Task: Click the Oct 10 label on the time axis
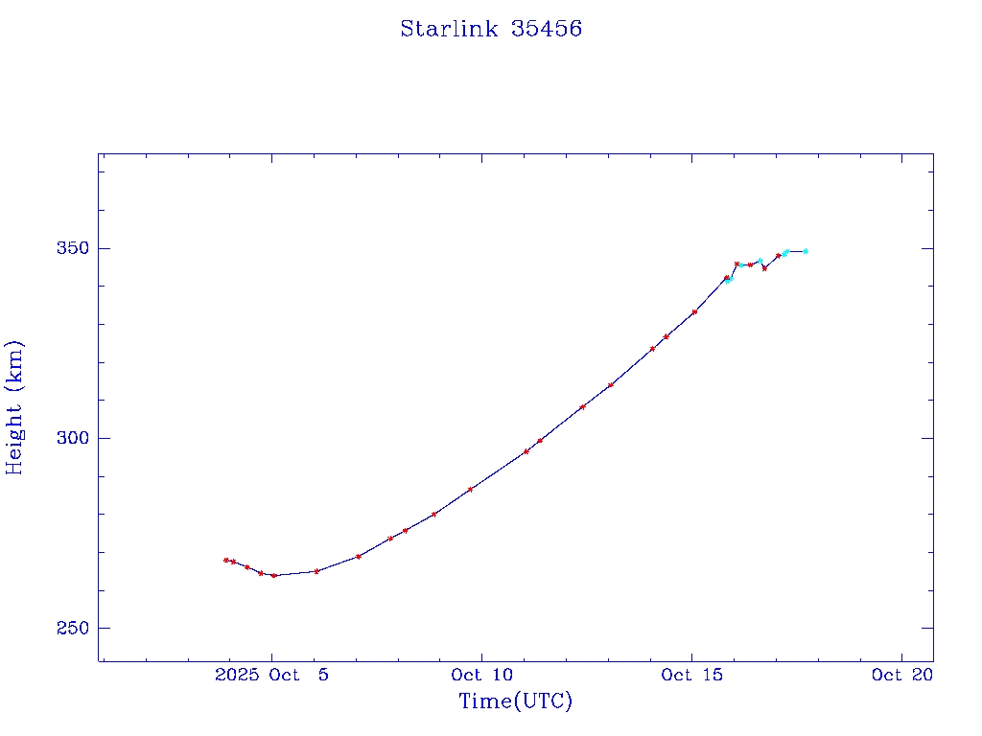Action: (481, 675)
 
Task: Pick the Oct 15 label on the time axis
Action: (691, 675)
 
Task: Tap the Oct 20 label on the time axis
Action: (901, 675)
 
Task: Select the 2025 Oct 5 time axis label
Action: (272, 675)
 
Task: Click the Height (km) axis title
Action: (15, 406)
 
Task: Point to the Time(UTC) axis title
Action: (515, 701)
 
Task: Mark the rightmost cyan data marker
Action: (806, 251)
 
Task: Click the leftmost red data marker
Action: (226, 560)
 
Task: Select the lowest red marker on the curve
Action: (274, 575)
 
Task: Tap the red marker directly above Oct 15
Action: (694, 311)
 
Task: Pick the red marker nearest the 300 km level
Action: (540, 441)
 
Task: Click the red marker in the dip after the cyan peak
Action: (764, 268)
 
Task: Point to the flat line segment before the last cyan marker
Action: (796, 251)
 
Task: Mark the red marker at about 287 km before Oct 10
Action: (470, 489)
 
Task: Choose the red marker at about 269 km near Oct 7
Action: (358, 556)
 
